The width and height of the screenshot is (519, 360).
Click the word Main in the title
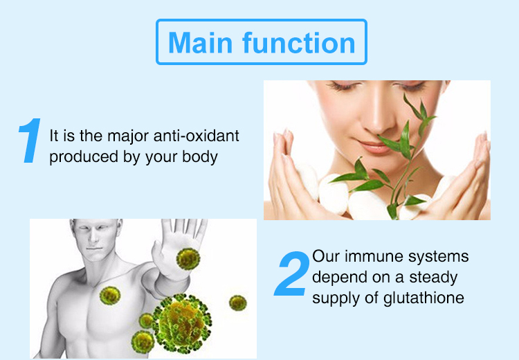[200, 42]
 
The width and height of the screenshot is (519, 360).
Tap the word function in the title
[299, 42]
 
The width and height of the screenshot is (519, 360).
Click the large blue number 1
[30, 141]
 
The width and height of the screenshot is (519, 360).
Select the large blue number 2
[291, 273]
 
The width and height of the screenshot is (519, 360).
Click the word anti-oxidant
[197, 136]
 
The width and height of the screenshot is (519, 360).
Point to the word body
[199, 156]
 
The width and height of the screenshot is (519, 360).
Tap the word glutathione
[424, 298]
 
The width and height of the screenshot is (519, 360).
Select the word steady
[433, 278]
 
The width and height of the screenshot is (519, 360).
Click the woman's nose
[376, 123]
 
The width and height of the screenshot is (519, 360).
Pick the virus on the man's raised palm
[188, 259]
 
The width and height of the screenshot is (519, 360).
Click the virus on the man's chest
[110, 296]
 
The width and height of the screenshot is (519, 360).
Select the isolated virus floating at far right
[237, 303]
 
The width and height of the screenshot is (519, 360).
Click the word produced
[84, 156]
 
